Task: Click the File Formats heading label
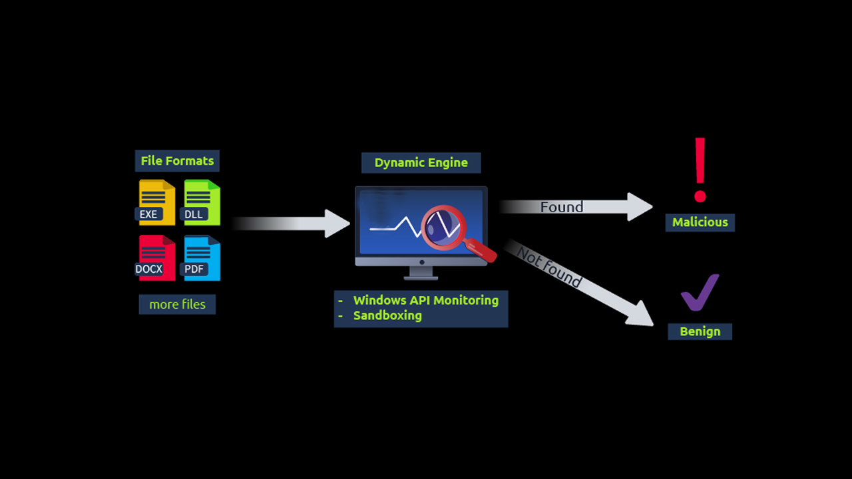click(177, 161)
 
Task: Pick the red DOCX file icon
click(156, 257)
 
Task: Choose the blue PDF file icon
click(202, 257)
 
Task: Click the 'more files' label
click(177, 304)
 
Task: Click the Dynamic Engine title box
click(421, 163)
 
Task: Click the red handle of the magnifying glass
click(482, 250)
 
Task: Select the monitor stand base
click(421, 274)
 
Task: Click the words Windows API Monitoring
click(425, 300)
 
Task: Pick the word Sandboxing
click(387, 315)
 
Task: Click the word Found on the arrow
click(561, 207)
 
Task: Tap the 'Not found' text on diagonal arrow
click(549, 267)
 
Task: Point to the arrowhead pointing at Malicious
click(640, 207)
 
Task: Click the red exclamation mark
click(700, 170)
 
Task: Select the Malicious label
click(700, 222)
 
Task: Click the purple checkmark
click(699, 293)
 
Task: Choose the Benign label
click(700, 331)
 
